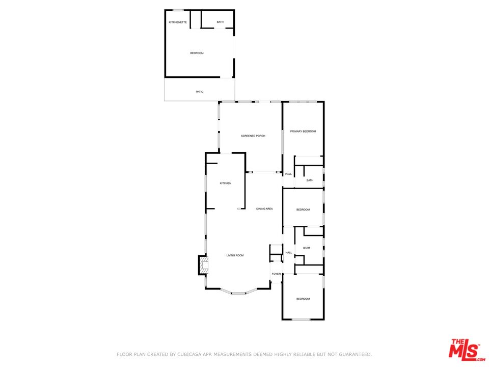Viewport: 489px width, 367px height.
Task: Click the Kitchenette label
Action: point(178,22)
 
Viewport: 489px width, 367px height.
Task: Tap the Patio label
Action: point(200,92)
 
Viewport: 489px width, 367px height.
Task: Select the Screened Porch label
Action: point(253,136)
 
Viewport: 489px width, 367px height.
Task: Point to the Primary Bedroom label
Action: point(303,132)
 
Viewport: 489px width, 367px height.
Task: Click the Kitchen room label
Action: point(226,183)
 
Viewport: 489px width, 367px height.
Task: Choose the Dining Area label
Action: point(264,209)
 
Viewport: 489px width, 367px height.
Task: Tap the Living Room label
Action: point(235,255)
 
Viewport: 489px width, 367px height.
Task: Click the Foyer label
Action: point(276,274)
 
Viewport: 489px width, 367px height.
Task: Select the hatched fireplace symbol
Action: point(203,265)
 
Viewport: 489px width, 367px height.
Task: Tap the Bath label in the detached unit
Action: point(220,22)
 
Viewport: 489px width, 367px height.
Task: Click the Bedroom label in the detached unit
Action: point(197,53)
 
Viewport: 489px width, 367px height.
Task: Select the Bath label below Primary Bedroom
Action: point(310,180)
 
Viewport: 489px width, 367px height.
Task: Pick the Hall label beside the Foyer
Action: point(289,252)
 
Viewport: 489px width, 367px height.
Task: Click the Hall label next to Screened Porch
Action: point(288,174)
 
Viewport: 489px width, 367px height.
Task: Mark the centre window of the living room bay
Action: point(238,294)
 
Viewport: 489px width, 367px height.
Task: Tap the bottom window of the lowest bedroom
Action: point(301,319)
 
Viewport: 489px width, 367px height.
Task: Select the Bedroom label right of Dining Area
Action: point(303,209)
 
